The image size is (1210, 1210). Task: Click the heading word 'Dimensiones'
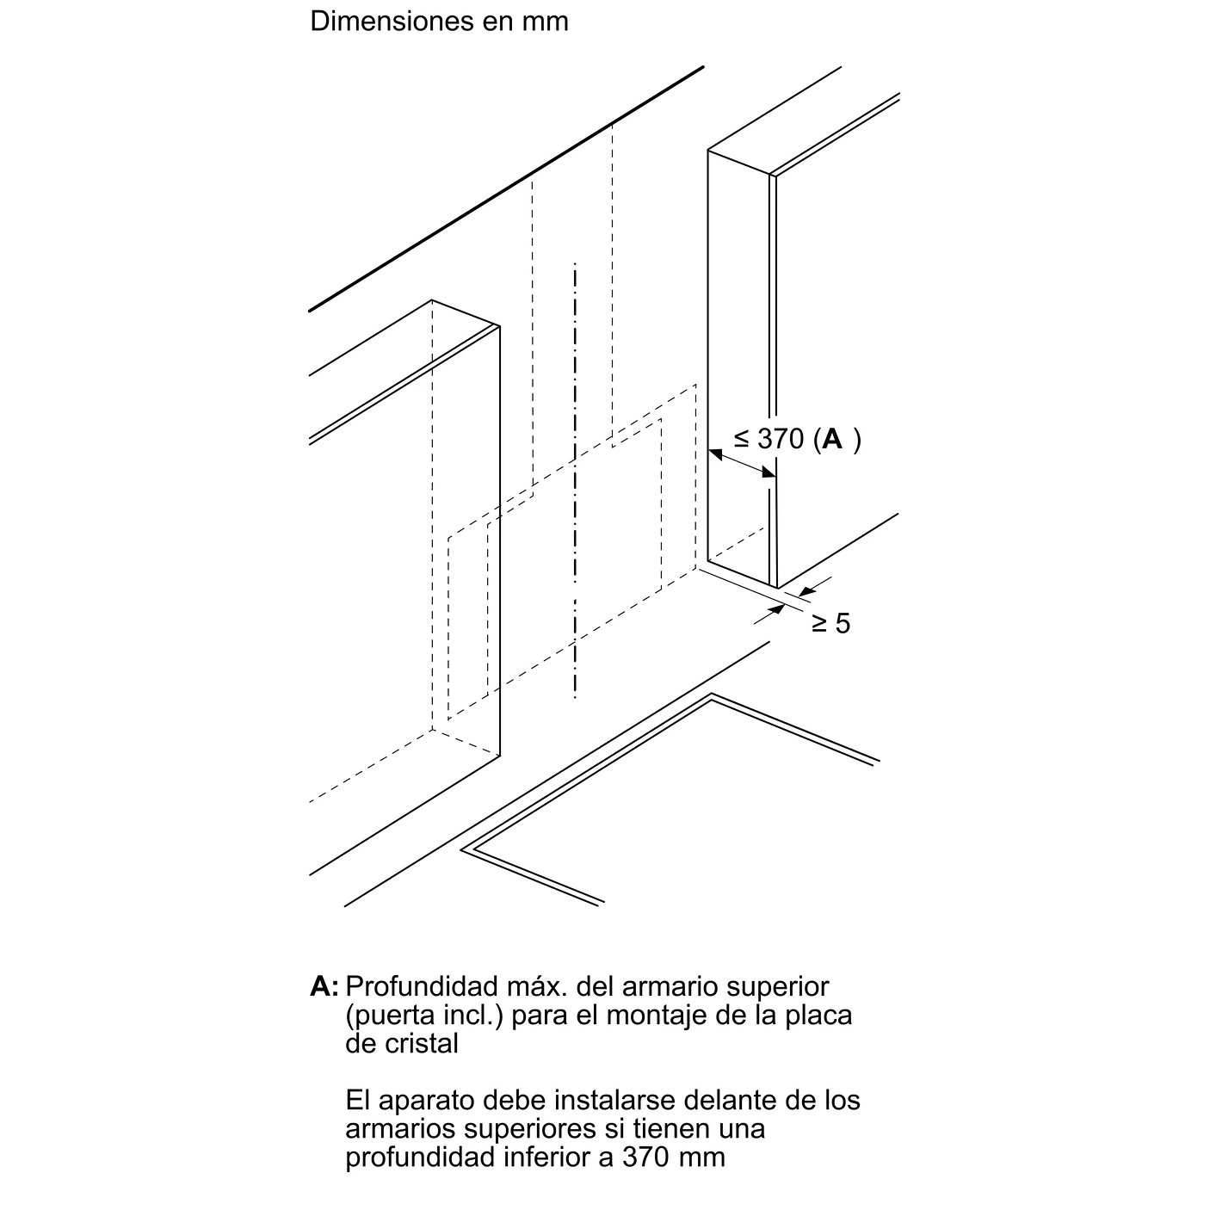(x=391, y=22)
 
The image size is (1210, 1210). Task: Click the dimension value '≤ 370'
(x=769, y=440)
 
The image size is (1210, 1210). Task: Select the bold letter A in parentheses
(x=832, y=439)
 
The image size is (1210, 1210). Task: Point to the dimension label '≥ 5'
(x=830, y=624)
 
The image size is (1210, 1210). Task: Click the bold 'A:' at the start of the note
(x=324, y=986)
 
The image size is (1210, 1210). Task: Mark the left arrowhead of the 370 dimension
(x=714, y=454)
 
